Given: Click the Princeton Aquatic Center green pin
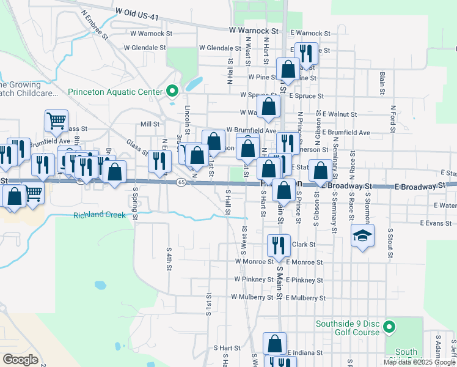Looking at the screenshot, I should (172, 92).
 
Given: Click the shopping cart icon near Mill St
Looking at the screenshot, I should (56, 120).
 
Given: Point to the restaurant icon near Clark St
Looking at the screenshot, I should (278, 245).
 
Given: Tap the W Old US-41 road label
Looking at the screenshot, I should (148, 11).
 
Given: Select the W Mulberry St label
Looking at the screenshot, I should (251, 297).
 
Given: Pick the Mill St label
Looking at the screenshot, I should (150, 124).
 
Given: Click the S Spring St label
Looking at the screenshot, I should (134, 203).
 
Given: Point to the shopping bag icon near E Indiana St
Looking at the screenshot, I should (275, 343).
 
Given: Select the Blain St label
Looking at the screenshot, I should (382, 79).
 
